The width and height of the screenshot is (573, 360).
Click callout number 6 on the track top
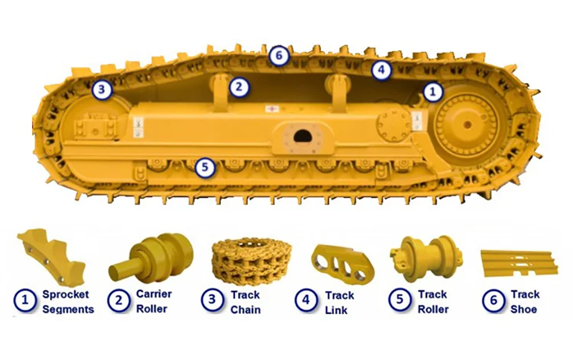(279, 56)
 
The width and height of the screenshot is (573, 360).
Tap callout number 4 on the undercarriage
(381, 69)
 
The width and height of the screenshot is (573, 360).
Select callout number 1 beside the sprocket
(433, 92)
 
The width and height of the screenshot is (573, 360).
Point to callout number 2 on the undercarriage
(239, 87)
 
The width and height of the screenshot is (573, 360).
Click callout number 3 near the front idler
(101, 89)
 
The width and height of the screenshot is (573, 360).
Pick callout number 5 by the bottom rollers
(205, 167)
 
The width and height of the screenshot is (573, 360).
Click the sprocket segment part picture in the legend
(51, 256)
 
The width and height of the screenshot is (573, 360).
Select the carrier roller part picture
(151, 258)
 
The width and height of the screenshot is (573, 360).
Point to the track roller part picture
(426, 259)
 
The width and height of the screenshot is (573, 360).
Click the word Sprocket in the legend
(66, 295)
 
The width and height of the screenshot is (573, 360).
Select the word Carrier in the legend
(154, 294)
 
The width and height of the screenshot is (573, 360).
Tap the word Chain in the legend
(246, 310)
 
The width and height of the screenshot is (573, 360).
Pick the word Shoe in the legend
(524, 310)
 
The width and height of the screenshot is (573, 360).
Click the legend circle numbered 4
(306, 300)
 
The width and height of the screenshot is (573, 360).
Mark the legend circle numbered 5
(399, 300)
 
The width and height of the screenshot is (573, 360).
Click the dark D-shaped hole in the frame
(302, 136)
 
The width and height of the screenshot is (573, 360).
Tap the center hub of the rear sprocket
(466, 124)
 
